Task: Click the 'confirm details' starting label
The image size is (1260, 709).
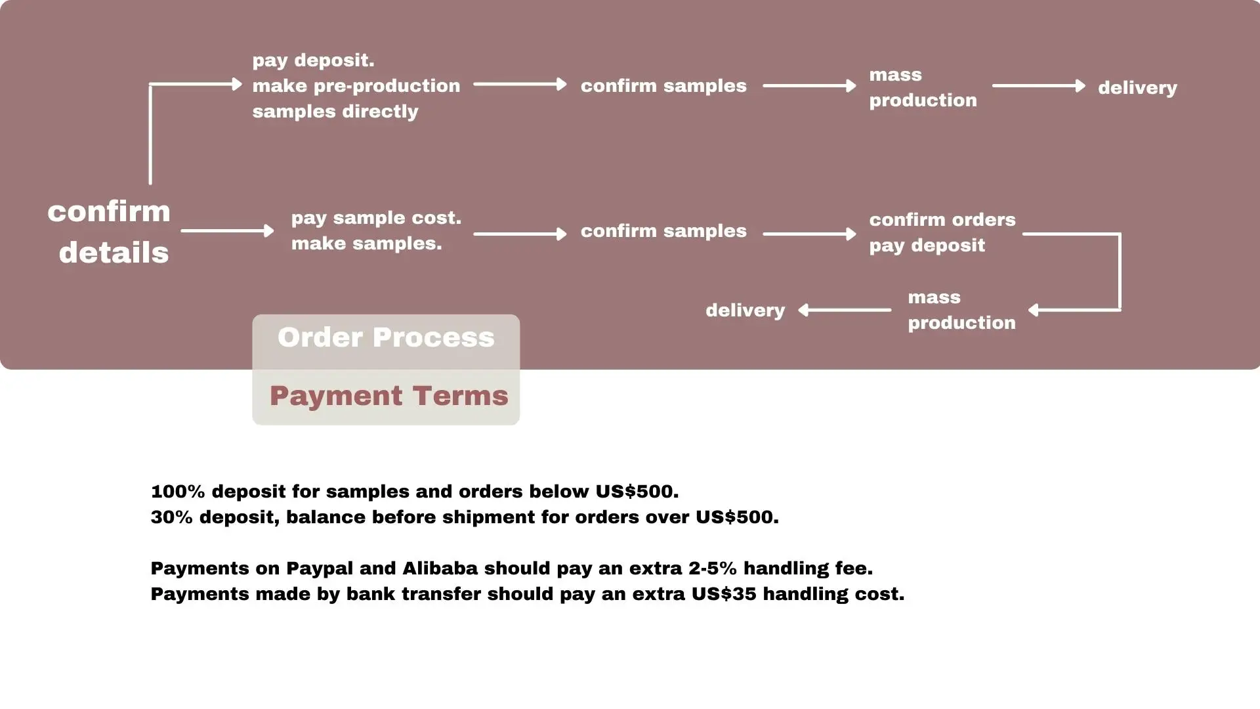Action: click(x=109, y=232)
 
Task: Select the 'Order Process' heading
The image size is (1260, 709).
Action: click(x=386, y=337)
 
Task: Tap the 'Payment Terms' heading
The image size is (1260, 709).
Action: click(x=388, y=396)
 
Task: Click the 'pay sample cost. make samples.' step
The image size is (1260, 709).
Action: click(x=376, y=230)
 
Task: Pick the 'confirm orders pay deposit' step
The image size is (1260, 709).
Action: click(x=942, y=232)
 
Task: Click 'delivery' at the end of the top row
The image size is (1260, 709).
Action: click(x=1137, y=88)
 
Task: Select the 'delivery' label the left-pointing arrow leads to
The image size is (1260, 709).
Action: click(x=745, y=311)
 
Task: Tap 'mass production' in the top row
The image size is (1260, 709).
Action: click(x=923, y=87)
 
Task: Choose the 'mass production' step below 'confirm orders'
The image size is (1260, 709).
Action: click(x=961, y=310)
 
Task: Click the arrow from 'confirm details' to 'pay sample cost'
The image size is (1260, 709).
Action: click(x=227, y=231)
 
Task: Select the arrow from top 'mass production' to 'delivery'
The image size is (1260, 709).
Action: click(x=1038, y=86)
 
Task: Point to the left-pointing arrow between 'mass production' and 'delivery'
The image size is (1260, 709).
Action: click(x=845, y=310)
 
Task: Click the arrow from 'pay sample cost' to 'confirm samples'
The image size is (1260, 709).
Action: click(x=520, y=234)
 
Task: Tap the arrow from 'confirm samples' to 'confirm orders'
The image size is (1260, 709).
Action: click(x=809, y=234)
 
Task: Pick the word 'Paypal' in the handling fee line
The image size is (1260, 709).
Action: click(x=319, y=569)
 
